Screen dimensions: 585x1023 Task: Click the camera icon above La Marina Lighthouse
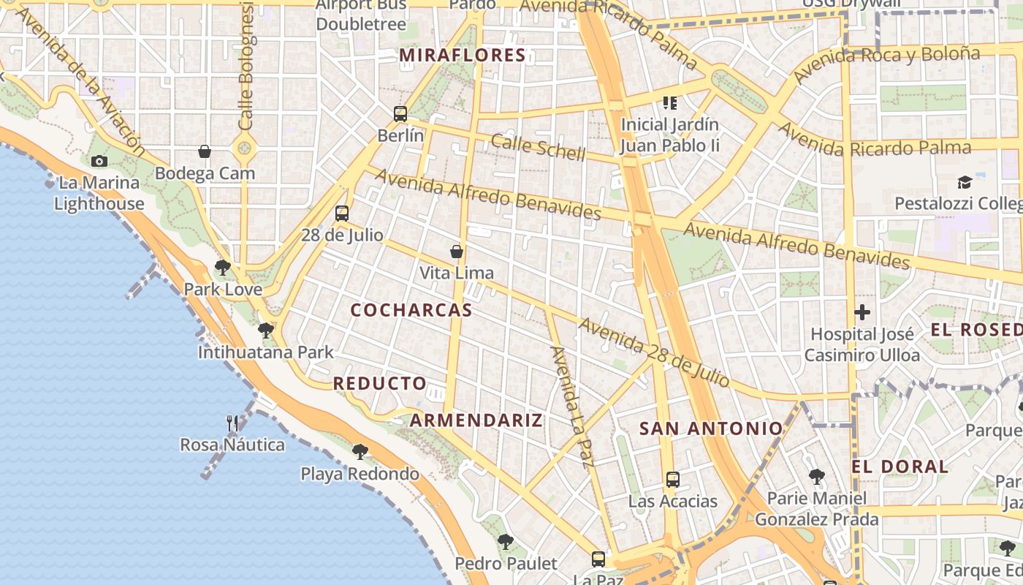pos(99,162)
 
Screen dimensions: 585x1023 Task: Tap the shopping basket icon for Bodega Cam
pos(205,152)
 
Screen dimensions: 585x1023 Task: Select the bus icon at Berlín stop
pos(400,114)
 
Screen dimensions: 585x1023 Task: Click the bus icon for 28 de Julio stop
pos(342,214)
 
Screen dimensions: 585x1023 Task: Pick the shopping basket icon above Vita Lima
pos(457,252)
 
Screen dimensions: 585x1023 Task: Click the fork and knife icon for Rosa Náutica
pos(232,423)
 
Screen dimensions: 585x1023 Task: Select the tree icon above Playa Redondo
pos(360,452)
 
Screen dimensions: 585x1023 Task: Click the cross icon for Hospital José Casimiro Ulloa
pos(862,313)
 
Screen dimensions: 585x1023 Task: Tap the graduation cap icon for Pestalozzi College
pos(965,182)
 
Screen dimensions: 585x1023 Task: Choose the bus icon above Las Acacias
pos(673,480)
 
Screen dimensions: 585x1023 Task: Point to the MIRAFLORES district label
pos(463,56)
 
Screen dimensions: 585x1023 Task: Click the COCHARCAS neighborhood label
pos(411,310)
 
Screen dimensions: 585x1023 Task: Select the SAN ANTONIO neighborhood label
pos(711,429)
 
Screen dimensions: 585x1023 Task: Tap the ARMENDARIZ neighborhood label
pos(476,420)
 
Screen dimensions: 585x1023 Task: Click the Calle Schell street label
pos(538,147)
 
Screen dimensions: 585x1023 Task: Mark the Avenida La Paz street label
pos(572,406)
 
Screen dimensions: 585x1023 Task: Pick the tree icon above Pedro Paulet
pos(505,542)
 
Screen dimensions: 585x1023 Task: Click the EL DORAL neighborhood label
pos(900,467)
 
